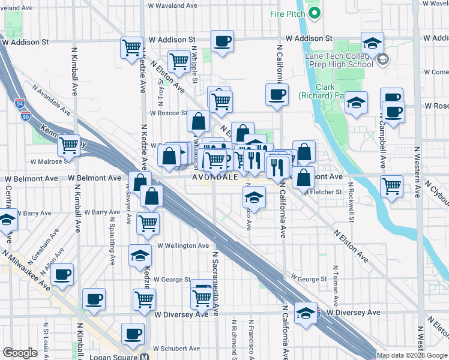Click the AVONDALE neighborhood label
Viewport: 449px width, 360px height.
point(216,178)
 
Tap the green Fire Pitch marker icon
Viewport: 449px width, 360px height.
point(314,13)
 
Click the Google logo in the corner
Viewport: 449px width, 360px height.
point(20,353)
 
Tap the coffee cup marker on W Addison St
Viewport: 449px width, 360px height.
point(222,41)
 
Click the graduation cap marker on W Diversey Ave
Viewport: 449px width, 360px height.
point(306,313)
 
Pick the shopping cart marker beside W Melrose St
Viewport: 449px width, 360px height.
point(69,145)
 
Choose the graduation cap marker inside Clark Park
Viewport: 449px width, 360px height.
point(356,103)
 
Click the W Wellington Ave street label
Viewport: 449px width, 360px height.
point(183,245)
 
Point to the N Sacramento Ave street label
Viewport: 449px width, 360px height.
point(214,281)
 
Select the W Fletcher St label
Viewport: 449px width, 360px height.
point(322,192)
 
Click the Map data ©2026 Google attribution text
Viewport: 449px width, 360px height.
point(412,355)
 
